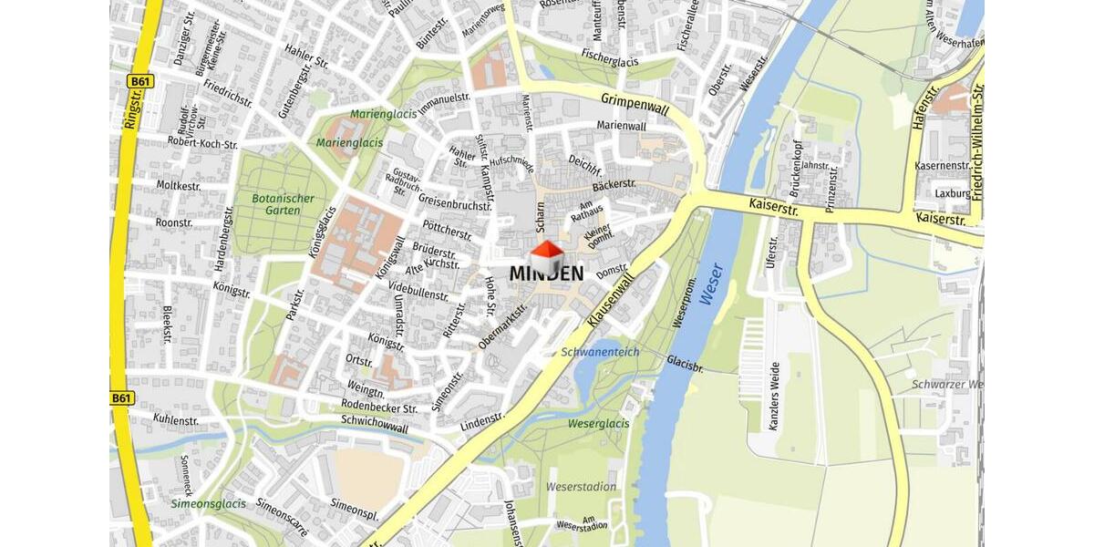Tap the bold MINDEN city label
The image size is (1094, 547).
[x=546, y=273]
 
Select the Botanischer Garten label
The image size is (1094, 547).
[x=284, y=204]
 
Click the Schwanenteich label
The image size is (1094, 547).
[x=600, y=352]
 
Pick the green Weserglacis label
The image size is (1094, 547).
[x=598, y=424]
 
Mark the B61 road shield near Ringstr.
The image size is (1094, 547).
[x=140, y=82]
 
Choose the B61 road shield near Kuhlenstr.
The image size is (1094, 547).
[x=121, y=398]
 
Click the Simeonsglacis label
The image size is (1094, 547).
[x=208, y=503]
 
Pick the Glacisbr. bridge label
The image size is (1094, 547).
[x=685, y=362]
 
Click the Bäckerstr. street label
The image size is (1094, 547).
[x=614, y=185]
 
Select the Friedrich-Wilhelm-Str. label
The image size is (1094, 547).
[x=977, y=141]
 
